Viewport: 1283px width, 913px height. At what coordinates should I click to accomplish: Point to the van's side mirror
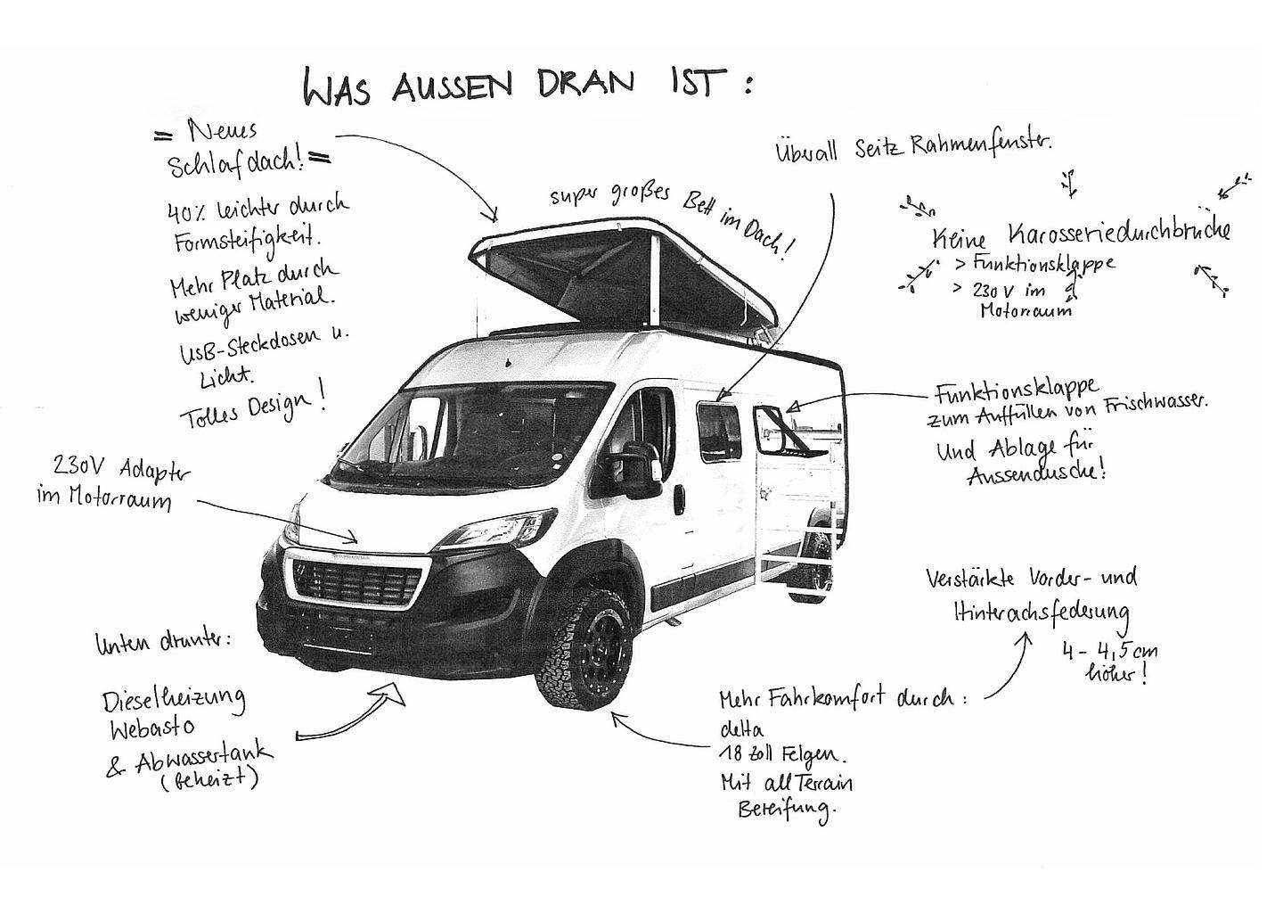coord(641,469)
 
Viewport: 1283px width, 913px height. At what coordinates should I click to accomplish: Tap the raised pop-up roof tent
coord(624,276)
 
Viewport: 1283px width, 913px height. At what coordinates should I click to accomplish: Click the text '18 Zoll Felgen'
coord(780,754)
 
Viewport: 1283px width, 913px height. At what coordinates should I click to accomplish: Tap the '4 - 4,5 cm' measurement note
coord(1109,651)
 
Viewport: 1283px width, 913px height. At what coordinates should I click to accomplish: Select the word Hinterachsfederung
coord(1040,612)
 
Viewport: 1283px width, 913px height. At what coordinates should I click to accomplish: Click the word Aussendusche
coord(1036,473)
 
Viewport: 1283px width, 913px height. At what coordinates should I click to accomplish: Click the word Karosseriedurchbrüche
coord(1120,233)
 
